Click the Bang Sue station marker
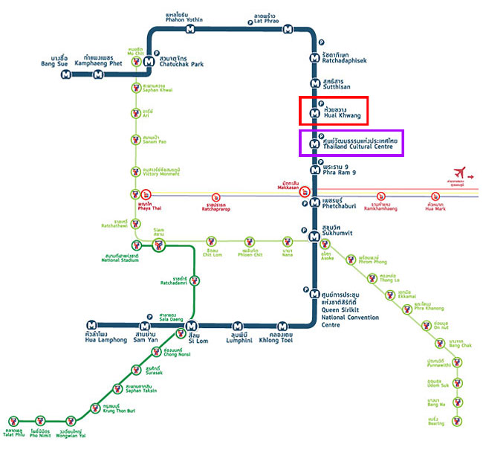[67, 74]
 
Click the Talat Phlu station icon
[13, 421]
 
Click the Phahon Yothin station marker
[191, 30]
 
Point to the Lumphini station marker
[237, 325]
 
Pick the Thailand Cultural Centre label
[360, 144]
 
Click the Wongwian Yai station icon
[71, 421]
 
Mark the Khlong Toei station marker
[282, 325]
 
